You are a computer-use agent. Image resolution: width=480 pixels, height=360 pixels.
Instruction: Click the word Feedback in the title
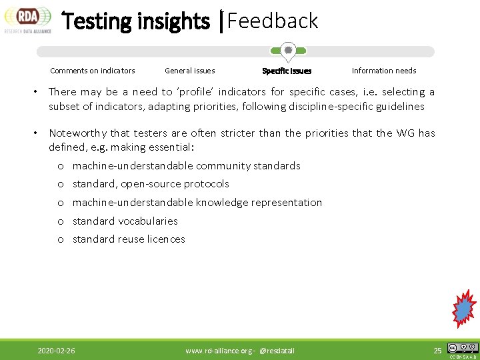point(273,21)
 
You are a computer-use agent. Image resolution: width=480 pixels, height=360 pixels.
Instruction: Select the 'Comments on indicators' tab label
point(93,71)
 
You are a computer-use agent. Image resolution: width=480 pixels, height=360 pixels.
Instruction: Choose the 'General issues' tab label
point(190,71)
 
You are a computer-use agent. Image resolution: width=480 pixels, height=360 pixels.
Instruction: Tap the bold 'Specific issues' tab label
point(287,71)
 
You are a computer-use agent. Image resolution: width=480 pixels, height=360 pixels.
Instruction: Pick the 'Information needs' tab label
point(384,71)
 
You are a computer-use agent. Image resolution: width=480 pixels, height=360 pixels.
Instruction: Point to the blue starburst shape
point(463,309)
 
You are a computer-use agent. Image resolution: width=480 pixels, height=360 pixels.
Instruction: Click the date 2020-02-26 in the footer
point(57,351)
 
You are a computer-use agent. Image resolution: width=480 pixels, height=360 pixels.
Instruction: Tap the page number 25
point(437,351)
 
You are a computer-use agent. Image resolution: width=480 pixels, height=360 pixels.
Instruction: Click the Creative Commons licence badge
point(463,348)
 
